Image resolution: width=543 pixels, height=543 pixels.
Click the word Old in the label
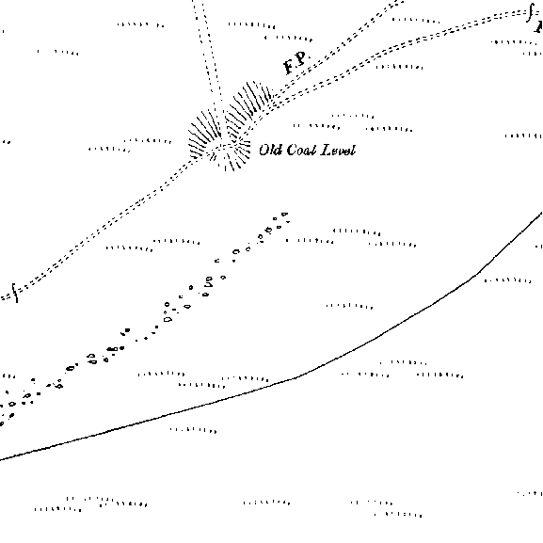(x=270, y=150)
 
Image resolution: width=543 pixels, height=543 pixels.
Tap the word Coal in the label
(x=301, y=150)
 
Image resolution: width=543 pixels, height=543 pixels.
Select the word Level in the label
(x=339, y=151)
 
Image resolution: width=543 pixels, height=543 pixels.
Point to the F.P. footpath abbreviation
(x=295, y=63)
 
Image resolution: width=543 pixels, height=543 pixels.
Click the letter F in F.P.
(x=289, y=67)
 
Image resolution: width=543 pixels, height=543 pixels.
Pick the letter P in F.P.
(x=301, y=58)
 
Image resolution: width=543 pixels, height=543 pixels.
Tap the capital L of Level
(x=327, y=151)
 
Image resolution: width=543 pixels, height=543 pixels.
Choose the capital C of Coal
(x=291, y=150)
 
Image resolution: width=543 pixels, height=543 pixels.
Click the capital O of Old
(x=264, y=150)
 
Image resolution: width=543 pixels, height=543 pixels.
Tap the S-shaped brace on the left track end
(x=14, y=293)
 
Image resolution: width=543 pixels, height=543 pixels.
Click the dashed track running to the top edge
(x=207, y=49)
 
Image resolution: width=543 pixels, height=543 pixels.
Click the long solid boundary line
(x=297, y=377)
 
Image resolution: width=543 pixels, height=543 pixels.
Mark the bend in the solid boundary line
(x=297, y=377)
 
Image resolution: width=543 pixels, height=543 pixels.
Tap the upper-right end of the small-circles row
(x=284, y=215)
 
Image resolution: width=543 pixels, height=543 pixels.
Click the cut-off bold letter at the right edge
(x=539, y=26)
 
